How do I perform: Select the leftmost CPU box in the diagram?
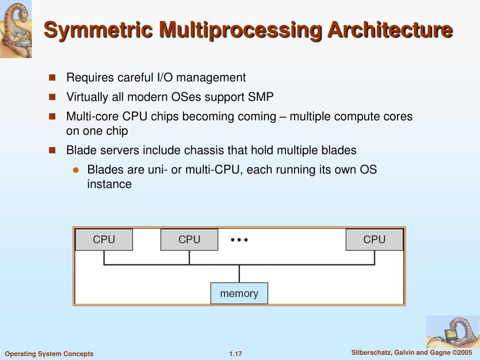104,240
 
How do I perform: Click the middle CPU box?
189,240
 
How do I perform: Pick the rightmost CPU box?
374,240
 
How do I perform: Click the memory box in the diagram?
239,293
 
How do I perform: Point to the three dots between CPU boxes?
239,240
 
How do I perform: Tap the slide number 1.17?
236,354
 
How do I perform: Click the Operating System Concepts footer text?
49,354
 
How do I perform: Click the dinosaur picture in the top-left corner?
16,29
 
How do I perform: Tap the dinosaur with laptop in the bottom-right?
452,331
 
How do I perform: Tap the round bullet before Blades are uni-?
75,170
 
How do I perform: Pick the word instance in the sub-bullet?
109,184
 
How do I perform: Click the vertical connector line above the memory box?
239,274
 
